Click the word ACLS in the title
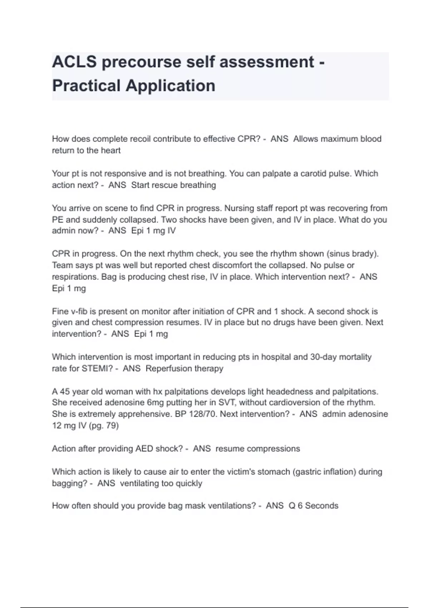pos(74,62)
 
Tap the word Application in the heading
pos(171,86)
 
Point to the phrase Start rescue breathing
pos(173,185)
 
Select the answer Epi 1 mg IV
pos(153,231)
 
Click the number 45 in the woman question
pos(65,392)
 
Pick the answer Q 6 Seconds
pos(313,506)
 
